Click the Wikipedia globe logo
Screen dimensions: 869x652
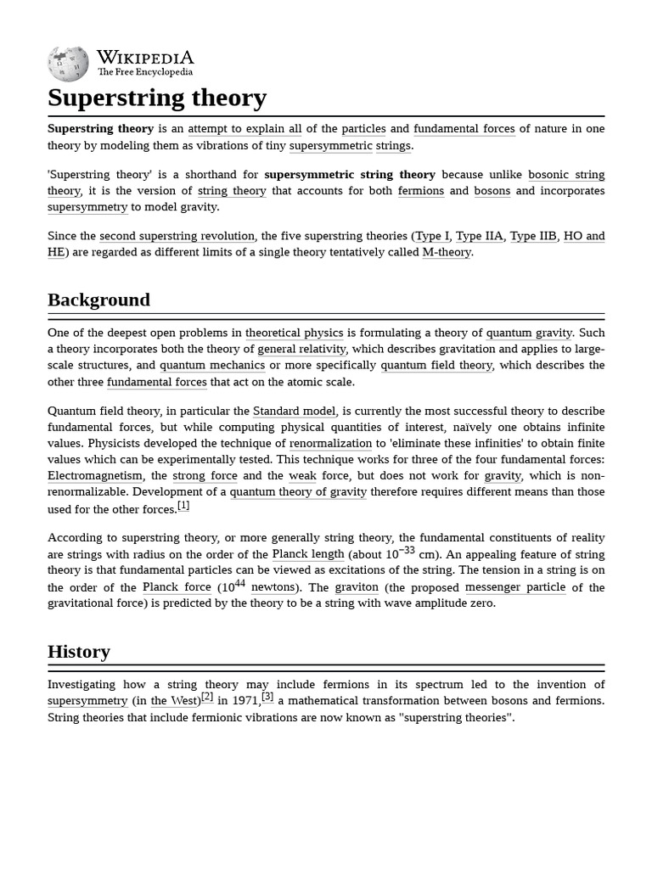pyautogui.click(x=68, y=64)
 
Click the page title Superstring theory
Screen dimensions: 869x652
pyautogui.click(x=157, y=98)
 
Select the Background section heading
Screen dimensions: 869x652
pyautogui.click(x=98, y=300)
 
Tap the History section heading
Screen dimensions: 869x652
pyautogui.click(x=79, y=652)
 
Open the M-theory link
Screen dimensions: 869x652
pyautogui.click(x=447, y=252)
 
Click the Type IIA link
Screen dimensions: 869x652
pyautogui.click(x=480, y=236)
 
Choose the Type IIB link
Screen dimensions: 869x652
pyautogui.click(x=533, y=236)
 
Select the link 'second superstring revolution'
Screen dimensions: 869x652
pyautogui.click(x=177, y=236)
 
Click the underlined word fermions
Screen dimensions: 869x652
pyautogui.click(x=421, y=191)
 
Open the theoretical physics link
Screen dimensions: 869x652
pyautogui.click(x=295, y=333)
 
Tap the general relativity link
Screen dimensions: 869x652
pyautogui.click(x=301, y=349)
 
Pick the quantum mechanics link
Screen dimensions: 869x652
pyautogui.click(x=212, y=365)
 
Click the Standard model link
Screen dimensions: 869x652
pyautogui.click(x=294, y=412)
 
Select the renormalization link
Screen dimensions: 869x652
pyautogui.click(x=330, y=444)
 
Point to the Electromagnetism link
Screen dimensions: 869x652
pyautogui.click(x=95, y=476)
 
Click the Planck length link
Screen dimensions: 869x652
pyautogui.click(x=308, y=554)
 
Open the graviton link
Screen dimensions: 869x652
pyautogui.click(x=357, y=587)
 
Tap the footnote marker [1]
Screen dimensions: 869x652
pyautogui.click(x=183, y=506)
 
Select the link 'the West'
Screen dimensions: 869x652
pyautogui.click(x=171, y=701)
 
